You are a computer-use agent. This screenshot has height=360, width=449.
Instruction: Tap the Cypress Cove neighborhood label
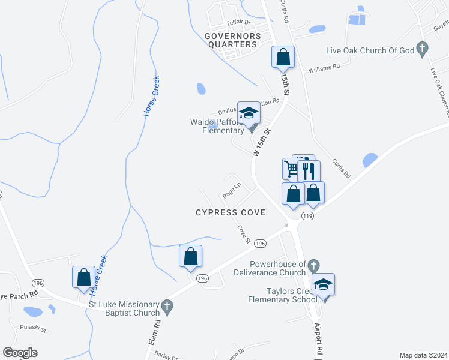231,213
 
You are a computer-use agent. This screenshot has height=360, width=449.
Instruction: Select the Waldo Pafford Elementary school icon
249,113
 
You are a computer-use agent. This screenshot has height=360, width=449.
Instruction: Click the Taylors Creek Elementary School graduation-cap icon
323,284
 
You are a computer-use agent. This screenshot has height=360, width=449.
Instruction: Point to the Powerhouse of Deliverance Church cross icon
313,265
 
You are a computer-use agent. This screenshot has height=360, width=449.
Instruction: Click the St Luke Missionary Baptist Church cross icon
168,308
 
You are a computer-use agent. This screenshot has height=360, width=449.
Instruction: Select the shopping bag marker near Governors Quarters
283,57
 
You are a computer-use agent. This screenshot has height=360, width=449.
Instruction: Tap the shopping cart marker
292,169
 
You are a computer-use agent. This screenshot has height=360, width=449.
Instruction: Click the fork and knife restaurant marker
309,170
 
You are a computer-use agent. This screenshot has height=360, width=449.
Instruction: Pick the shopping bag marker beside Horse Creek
83,277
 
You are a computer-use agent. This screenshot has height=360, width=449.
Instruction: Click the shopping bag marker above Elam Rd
190,256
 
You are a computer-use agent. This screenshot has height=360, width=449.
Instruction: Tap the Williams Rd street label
324,68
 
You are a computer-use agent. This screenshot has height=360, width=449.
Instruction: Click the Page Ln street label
231,191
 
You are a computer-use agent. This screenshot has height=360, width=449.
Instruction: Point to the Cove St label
243,234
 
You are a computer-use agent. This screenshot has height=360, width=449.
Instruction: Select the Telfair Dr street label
237,22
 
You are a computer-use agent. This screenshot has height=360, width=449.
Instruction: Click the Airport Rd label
318,340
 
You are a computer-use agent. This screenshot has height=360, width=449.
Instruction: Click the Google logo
20,353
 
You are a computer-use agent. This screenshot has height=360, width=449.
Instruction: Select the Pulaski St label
33,329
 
